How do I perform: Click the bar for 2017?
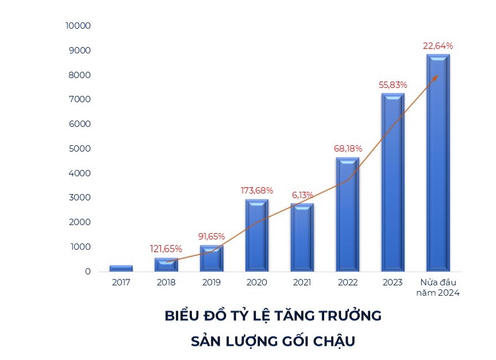[121, 268]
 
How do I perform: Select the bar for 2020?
[257, 235]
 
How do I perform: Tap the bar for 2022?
[347, 214]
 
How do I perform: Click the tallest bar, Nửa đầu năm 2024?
[438, 162]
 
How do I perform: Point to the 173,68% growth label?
[256, 190]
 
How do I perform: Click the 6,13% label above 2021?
[302, 195]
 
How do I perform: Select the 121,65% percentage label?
[166, 249]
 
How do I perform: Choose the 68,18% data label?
[348, 148]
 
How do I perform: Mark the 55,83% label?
[393, 84]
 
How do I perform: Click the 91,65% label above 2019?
[211, 236]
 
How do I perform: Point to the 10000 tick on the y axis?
[79, 26]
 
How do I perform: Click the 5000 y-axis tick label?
[80, 149]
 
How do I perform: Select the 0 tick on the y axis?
[88, 271]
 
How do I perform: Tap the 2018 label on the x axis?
[166, 282]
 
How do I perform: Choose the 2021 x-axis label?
[302, 282]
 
